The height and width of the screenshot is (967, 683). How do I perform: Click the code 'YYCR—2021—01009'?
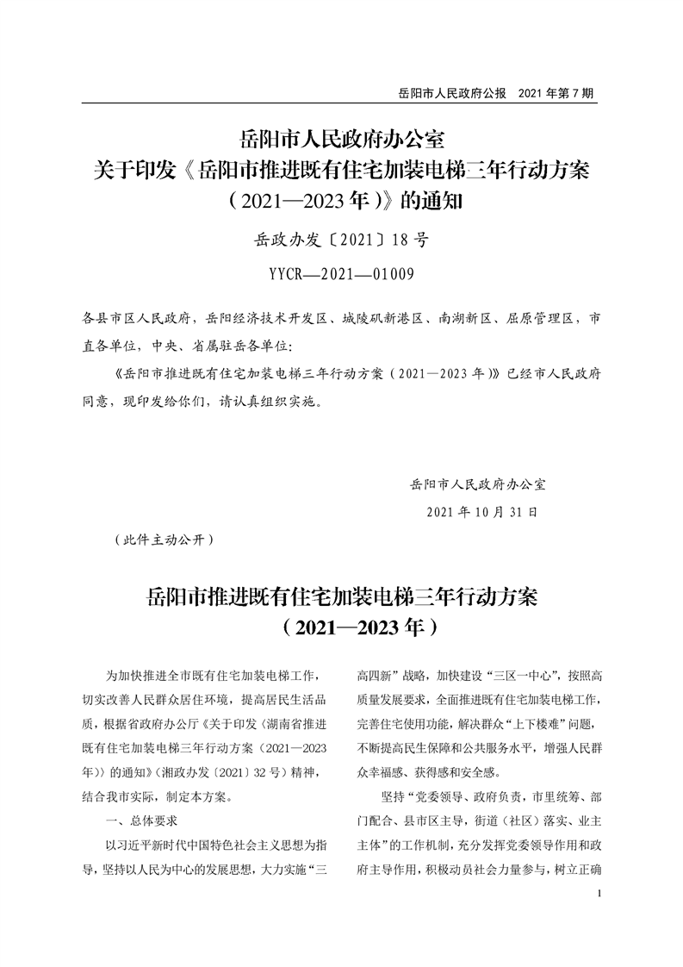341,275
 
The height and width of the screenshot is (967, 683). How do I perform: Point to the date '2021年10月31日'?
482,511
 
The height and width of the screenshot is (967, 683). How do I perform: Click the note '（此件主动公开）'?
157,540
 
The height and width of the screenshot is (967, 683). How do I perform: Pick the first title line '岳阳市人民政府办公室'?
341,138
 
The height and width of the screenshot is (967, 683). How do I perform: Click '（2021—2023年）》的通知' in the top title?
341,202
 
